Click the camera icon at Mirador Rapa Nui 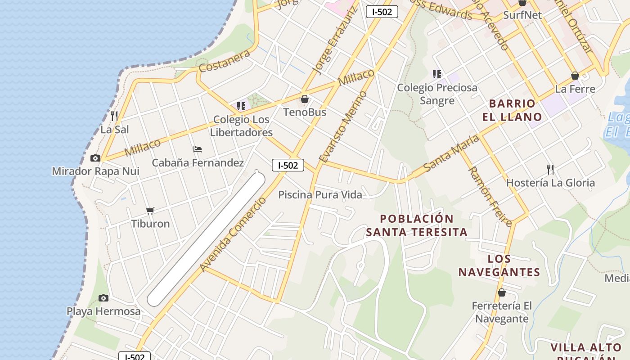click(95, 158)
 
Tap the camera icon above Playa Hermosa click(103, 298)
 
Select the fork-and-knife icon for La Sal click(114, 116)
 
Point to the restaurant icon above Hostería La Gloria click(550, 169)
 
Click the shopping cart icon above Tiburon click(150, 211)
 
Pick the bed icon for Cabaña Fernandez click(198, 149)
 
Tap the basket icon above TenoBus click(305, 99)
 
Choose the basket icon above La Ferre click(575, 76)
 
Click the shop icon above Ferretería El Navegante click(502, 292)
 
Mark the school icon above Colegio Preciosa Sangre click(436, 74)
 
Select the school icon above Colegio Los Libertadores click(241, 106)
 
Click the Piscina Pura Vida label click(320, 194)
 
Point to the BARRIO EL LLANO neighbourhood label click(512, 110)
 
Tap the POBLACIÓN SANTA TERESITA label click(417, 225)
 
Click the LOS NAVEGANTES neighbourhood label click(499, 265)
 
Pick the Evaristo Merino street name click(343, 127)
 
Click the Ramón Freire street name click(490, 196)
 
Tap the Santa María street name click(451, 153)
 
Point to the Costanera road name click(224, 62)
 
